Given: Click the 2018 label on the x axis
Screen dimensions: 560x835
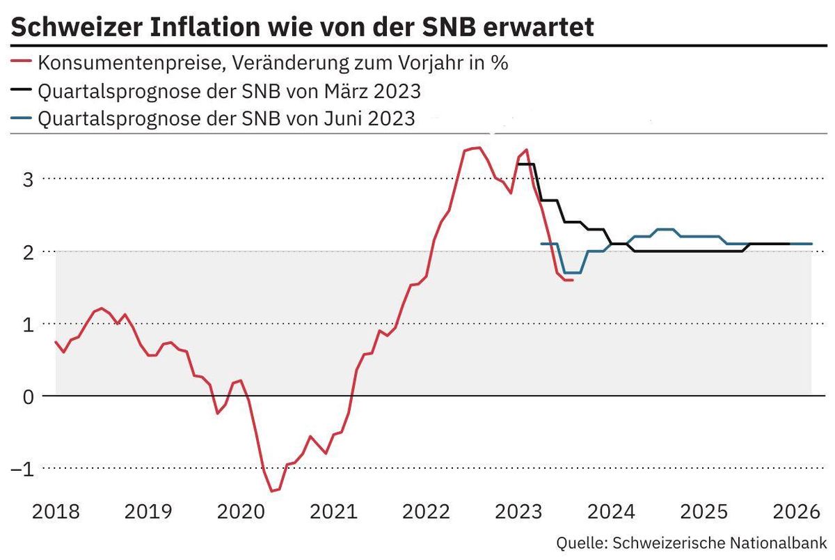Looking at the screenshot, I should (56, 512).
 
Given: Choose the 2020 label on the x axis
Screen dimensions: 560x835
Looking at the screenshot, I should (241, 512).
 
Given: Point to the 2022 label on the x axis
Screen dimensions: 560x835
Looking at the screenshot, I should (425, 512).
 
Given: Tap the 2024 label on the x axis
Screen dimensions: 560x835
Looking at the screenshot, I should (610, 512).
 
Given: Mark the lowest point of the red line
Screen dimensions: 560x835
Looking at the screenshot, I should (272, 491).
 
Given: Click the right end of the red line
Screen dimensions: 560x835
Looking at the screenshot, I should (572, 280).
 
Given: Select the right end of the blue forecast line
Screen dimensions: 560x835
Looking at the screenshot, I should (811, 244).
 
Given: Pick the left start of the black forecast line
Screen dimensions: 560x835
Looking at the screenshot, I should (518, 164).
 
